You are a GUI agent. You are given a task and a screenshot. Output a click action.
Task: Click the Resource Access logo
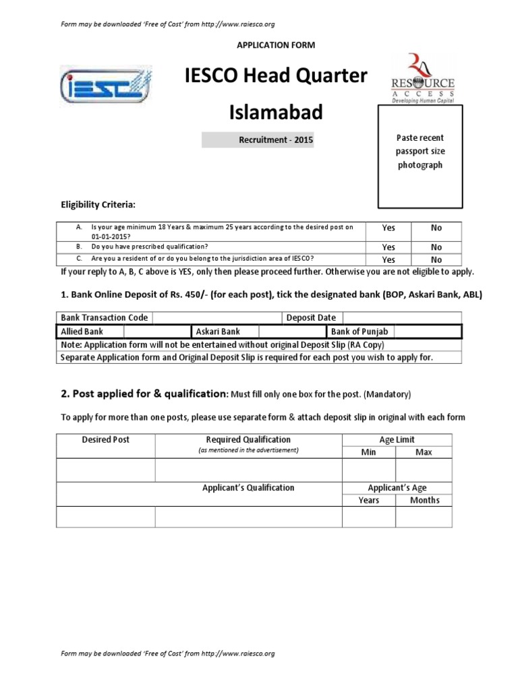(x=423, y=78)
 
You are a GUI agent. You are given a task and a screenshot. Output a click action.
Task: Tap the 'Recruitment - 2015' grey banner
(x=258, y=140)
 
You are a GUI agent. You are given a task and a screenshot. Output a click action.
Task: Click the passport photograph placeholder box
(x=420, y=156)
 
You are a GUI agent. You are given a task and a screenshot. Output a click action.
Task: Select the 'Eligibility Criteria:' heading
(x=98, y=204)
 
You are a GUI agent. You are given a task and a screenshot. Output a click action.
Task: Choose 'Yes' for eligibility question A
(x=388, y=228)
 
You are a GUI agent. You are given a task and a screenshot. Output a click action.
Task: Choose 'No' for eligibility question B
(x=436, y=247)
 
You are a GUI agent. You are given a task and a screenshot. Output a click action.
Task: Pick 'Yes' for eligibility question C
(x=388, y=259)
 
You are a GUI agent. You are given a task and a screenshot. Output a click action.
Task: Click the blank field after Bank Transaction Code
(x=217, y=318)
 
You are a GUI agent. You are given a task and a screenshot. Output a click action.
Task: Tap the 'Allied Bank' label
(x=82, y=332)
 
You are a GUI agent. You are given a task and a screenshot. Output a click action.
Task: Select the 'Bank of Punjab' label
(x=359, y=332)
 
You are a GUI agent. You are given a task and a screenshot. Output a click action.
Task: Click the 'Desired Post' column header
(x=106, y=440)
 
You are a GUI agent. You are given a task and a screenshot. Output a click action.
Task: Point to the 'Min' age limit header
(x=368, y=452)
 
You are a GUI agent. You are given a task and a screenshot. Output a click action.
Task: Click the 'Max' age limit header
(x=424, y=452)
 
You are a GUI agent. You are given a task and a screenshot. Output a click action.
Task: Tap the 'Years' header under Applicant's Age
(x=368, y=500)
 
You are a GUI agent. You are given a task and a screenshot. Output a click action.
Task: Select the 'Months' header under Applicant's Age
(x=424, y=500)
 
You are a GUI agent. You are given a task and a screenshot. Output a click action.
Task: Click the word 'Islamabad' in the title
(x=277, y=112)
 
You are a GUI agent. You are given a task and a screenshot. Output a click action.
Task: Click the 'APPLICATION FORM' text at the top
(x=275, y=44)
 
